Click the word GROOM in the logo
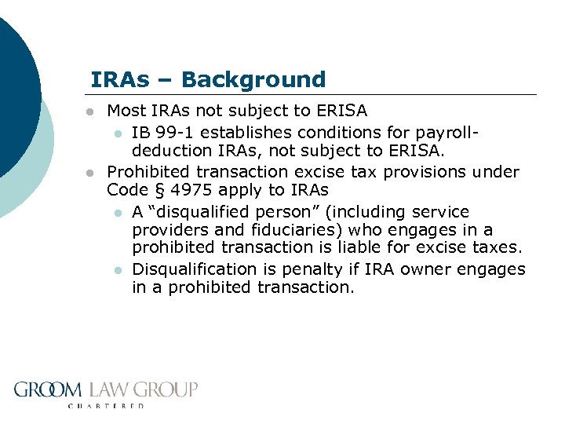coord(49,389)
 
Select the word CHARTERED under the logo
coord(106,406)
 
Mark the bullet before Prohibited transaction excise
coord(91,171)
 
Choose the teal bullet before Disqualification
coord(117,269)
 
